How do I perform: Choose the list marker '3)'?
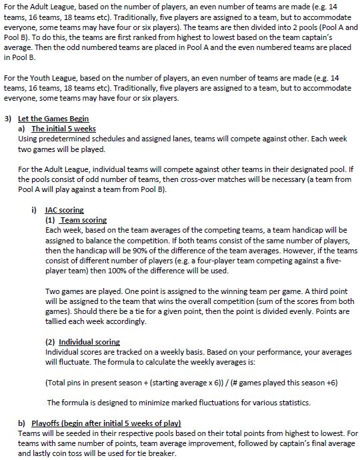click(x=7, y=119)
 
